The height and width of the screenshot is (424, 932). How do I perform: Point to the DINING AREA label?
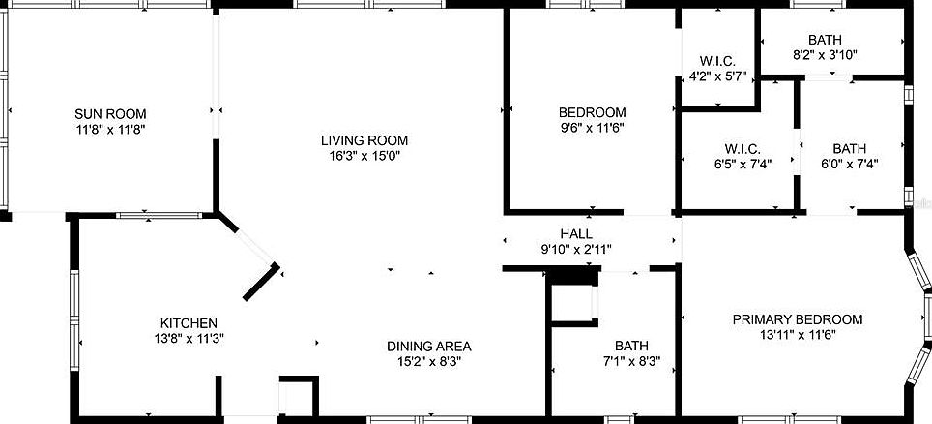pos(428,346)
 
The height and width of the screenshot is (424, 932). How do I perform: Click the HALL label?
pos(576,234)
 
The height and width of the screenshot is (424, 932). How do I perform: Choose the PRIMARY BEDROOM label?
pos(797,319)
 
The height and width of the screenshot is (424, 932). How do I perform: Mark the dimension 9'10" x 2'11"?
pos(576,250)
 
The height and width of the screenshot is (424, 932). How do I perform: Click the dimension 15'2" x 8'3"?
pos(428,361)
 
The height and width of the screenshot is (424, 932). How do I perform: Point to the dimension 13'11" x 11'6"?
pos(797,335)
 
